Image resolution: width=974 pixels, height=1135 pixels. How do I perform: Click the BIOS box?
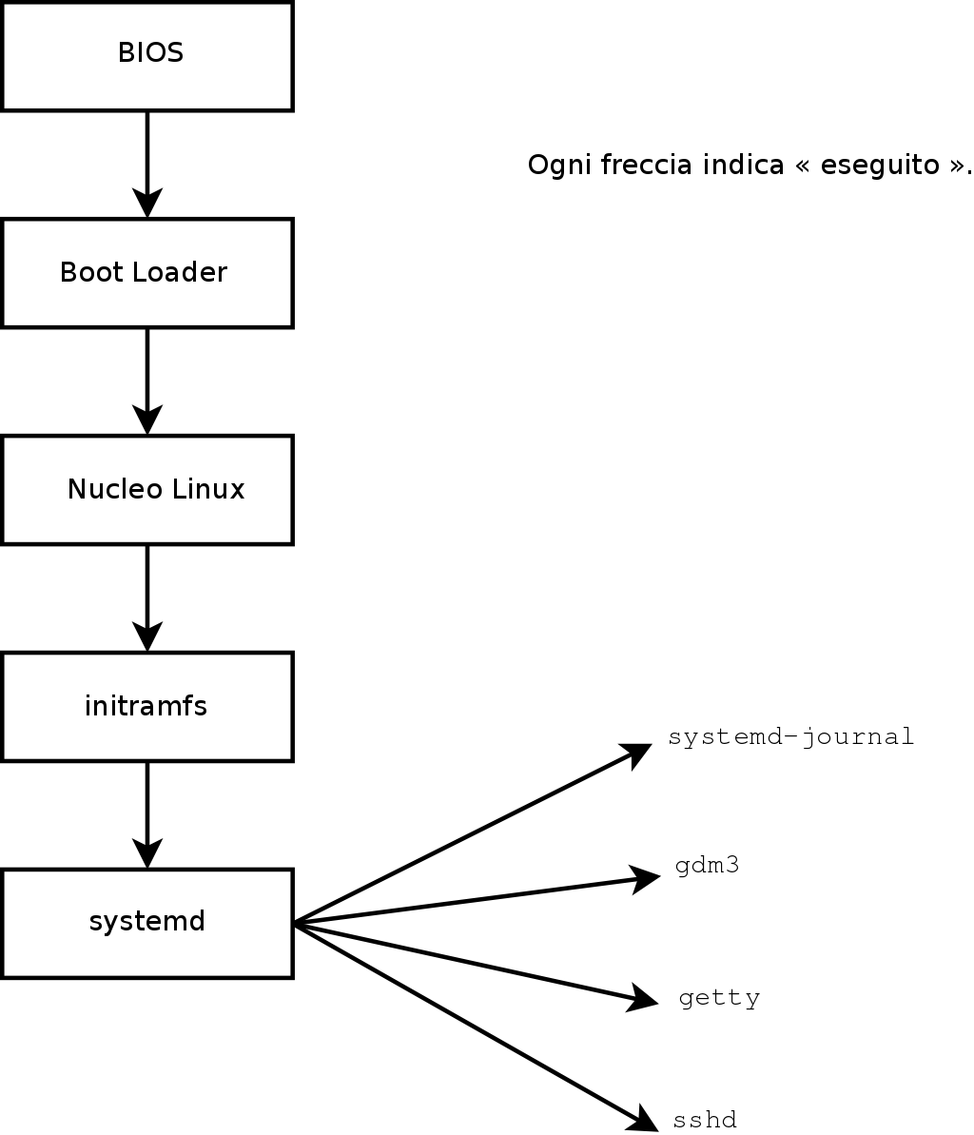(x=147, y=55)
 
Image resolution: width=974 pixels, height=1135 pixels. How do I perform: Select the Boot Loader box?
(x=147, y=273)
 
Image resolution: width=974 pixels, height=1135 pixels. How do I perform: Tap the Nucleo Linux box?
(x=147, y=490)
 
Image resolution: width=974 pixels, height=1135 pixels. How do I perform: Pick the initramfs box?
(x=147, y=707)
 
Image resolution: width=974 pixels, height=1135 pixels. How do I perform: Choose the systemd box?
(x=147, y=923)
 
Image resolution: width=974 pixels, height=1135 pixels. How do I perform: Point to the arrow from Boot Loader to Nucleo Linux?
(x=147, y=381)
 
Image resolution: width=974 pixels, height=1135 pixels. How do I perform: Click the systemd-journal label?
(x=790, y=737)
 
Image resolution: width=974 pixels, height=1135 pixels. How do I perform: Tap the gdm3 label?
(x=707, y=867)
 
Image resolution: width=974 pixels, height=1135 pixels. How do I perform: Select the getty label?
(x=719, y=998)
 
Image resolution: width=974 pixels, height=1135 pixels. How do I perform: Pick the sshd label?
(x=705, y=1121)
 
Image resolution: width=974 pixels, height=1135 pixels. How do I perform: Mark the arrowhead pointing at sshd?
(x=643, y=1119)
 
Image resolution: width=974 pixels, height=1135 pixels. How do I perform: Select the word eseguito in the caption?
(x=867, y=165)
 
